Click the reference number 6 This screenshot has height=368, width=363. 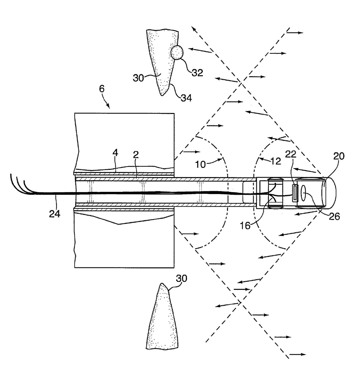[x=102, y=88]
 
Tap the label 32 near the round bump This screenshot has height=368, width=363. [x=197, y=73]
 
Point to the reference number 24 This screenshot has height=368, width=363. [x=54, y=214]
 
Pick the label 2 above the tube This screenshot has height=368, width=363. [x=136, y=155]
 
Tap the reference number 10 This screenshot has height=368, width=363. [x=201, y=164]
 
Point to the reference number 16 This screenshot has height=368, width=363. [x=245, y=226]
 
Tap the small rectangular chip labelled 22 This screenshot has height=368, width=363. [x=295, y=193]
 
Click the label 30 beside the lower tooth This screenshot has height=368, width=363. [x=181, y=278]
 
